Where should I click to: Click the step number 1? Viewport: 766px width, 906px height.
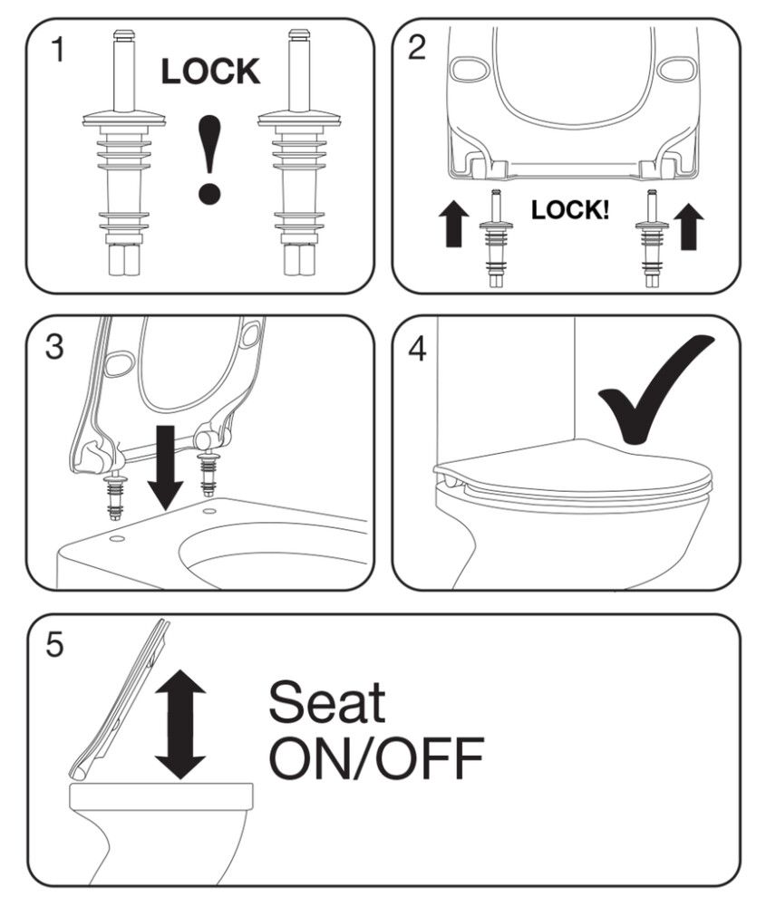tap(58, 49)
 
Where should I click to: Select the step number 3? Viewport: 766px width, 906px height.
tap(54, 347)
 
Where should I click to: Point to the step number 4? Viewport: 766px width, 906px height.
tap(417, 349)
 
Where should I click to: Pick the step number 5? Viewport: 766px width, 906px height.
tap(54, 645)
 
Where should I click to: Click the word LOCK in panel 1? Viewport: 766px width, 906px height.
tap(210, 72)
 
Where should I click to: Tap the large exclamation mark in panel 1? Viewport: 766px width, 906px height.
tap(208, 160)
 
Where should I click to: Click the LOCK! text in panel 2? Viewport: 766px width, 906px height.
tap(570, 210)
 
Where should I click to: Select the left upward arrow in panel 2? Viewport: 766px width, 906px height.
tap(454, 224)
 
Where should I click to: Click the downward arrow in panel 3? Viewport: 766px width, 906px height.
tap(166, 467)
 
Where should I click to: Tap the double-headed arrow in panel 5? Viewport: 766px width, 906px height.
tap(181, 725)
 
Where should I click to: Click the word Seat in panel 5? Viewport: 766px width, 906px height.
tap(327, 701)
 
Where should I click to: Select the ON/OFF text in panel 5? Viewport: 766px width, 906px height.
tap(376, 757)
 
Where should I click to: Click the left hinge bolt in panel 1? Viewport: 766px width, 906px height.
tap(125, 152)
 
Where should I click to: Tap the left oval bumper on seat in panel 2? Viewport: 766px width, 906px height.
tap(470, 70)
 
